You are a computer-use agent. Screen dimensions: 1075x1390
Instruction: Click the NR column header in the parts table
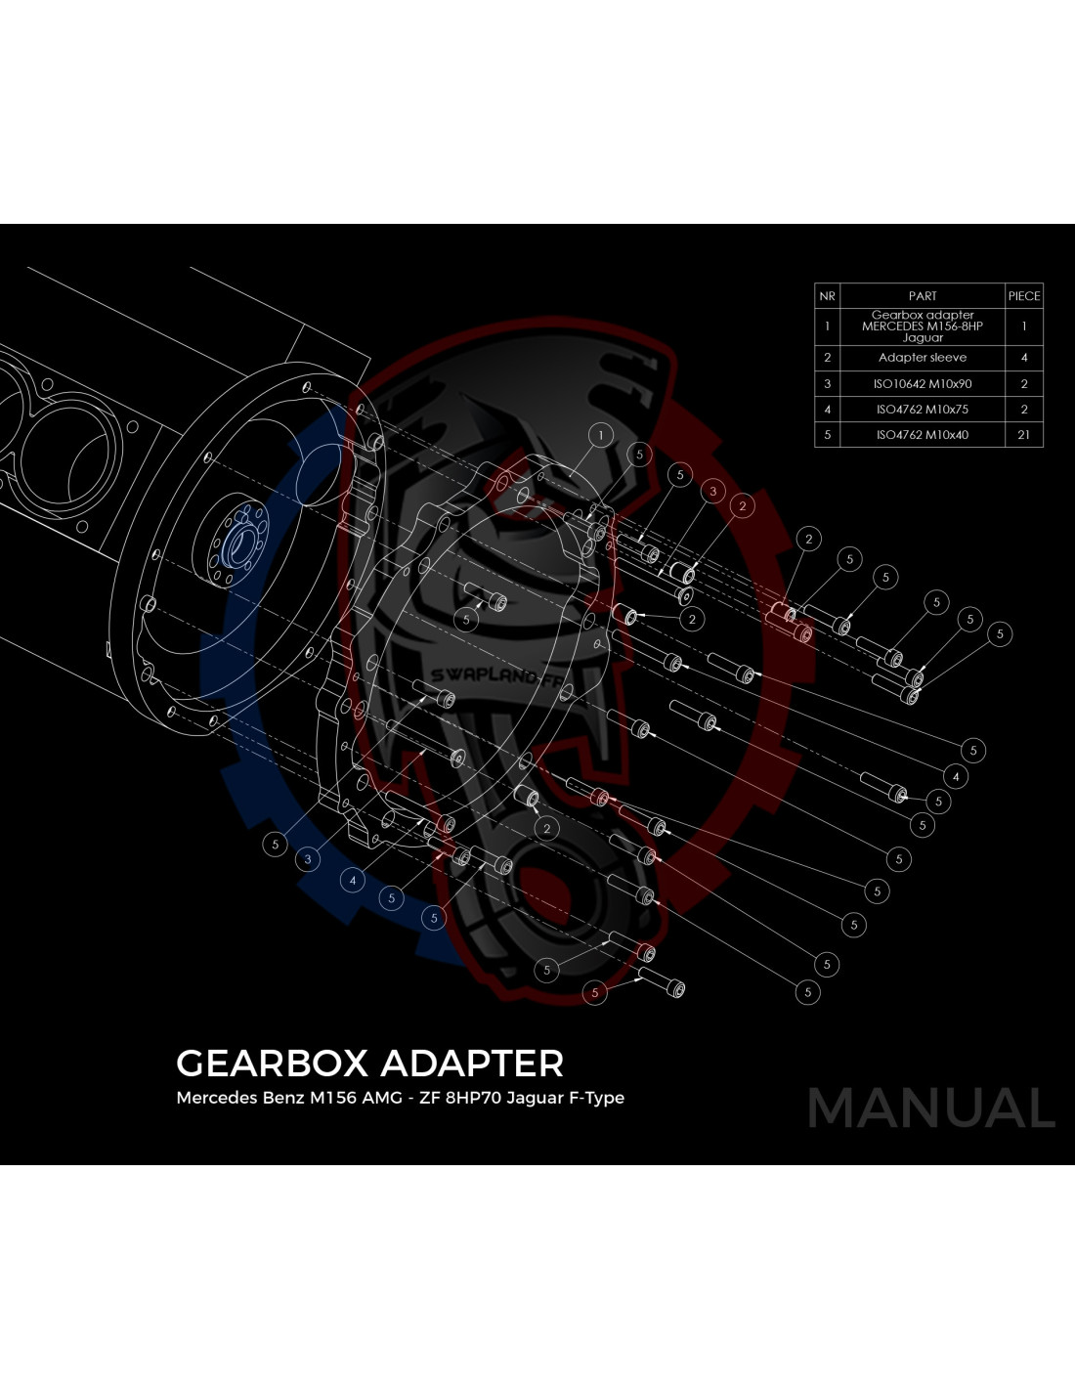(x=827, y=296)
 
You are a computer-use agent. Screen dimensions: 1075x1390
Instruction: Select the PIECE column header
(x=1024, y=296)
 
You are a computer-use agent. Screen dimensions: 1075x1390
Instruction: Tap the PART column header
(x=923, y=296)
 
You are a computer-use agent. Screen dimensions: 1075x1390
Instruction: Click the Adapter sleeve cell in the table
(x=923, y=358)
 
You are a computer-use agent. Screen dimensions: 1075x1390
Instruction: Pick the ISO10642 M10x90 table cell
(x=923, y=384)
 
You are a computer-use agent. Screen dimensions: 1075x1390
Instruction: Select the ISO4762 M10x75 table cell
(x=923, y=410)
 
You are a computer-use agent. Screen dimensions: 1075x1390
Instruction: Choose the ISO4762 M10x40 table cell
(x=923, y=435)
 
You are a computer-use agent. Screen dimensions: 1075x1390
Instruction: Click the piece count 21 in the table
(x=1024, y=435)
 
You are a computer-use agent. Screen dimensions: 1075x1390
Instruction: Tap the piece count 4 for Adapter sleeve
(x=1024, y=358)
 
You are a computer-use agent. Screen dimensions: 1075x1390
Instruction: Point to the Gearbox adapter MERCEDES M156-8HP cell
(x=923, y=326)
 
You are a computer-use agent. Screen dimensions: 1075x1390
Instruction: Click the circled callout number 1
(x=600, y=435)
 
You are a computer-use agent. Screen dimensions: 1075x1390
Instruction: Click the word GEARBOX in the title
(x=272, y=1064)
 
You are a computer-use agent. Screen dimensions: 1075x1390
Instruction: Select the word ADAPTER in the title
(x=472, y=1064)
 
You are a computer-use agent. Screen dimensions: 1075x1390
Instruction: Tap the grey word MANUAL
(x=931, y=1108)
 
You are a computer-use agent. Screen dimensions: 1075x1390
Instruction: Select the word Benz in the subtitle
(x=283, y=1098)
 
